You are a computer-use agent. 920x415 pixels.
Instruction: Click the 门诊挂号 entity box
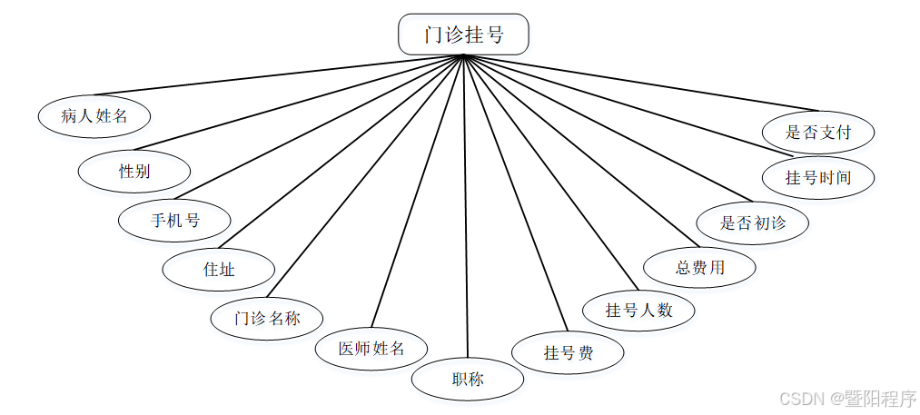463,35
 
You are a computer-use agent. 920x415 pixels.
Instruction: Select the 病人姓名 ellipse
94,115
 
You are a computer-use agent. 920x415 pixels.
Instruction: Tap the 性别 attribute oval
134,171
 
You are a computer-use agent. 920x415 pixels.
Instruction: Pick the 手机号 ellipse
175,219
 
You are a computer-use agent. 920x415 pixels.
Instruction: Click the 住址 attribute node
218,269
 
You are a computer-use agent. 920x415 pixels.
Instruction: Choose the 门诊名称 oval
267,318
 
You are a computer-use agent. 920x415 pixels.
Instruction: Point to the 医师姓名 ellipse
371,348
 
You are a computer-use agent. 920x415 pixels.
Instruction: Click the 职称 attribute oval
468,379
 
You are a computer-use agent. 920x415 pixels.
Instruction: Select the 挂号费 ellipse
569,352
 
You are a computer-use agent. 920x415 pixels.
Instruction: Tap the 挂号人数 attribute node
639,310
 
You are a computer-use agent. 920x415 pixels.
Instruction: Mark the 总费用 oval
700,267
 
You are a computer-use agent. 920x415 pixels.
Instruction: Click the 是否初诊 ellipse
753,222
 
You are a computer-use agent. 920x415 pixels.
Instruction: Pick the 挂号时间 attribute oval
818,177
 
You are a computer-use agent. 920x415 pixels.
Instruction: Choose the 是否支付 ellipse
818,132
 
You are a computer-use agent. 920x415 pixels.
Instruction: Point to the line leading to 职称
465,209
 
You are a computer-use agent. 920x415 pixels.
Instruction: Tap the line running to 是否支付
636,82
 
